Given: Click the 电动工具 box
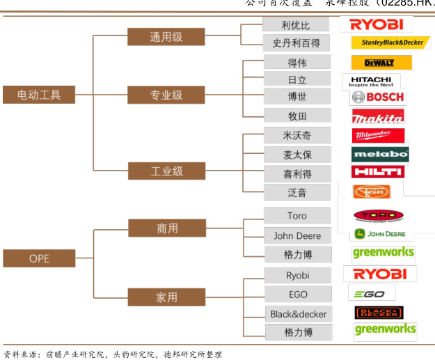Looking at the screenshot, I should (39, 95).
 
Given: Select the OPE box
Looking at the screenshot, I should (39, 258).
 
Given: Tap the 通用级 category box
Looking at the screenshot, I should (166, 37).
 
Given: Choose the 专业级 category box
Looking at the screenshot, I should (166, 95).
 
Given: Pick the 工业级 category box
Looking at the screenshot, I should (166, 171).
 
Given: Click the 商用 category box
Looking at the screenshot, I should (166, 228).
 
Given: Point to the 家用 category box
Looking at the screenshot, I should (166, 297).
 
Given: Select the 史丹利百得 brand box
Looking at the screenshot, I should (296, 43).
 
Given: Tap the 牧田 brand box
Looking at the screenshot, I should (296, 116).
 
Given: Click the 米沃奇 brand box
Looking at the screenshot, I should (296, 136).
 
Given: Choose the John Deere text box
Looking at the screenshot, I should (297, 235).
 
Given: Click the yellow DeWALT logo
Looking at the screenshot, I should (381, 63).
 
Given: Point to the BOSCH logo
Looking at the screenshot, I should (378, 97).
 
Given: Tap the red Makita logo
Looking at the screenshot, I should (378, 116).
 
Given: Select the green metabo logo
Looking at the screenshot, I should (380, 154).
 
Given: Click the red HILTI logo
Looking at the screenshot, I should (378, 171).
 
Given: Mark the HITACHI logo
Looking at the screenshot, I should (370, 81).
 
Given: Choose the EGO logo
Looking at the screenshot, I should (371, 293).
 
